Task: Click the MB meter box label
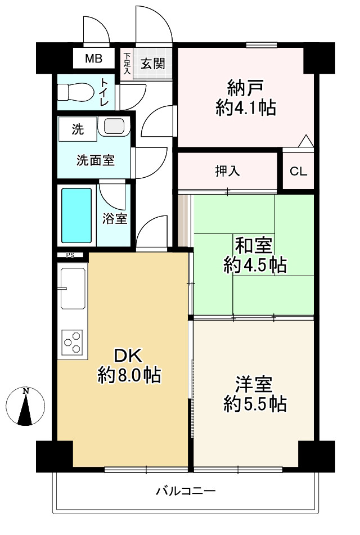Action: (x=93, y=59)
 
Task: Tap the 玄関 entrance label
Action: (x=153, y=64)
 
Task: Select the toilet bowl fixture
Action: (x=75, y=92)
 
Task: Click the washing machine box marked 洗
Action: (x=78, y=129)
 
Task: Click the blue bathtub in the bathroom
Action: (x=76, y=215)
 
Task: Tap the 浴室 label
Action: (x=115, y=219)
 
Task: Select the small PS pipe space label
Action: (x=70, y=255)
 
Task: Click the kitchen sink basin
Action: (x=73, y=288)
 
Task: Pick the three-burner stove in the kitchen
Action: (x=73, y=342)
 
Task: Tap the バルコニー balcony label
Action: (x=186, y=491)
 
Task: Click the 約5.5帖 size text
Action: (x=255, y=404)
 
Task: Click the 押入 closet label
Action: (x=228, y=171)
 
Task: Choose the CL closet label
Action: (x=298, y=171)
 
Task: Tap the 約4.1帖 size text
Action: (x=246, y=108)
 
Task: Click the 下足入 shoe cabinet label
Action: (x=127, y=64)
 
